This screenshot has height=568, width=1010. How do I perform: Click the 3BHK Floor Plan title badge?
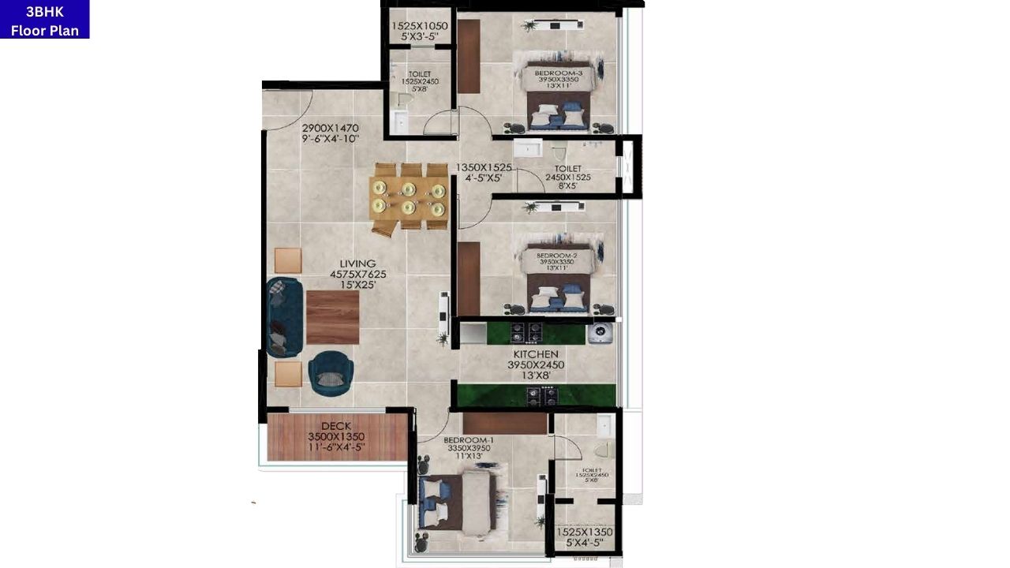[44, 19]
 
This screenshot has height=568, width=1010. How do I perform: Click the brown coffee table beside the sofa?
[332, 317]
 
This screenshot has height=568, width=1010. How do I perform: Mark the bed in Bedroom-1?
[458, 500]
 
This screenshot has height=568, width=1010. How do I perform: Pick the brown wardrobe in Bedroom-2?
[469, 278]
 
